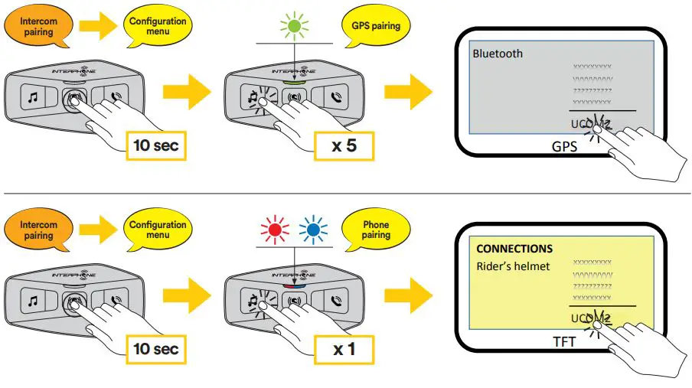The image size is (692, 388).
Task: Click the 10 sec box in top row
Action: pyautogui.click(x=156, y=144)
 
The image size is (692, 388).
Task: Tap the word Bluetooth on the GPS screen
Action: pyautogui.click(x=498, y=54)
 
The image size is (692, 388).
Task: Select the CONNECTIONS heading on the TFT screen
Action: pyautogui.click(x=514, y=249)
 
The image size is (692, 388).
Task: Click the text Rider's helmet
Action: pyautogui.click(x=513, y=266)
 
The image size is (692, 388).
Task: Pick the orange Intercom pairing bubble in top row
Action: pyautogui.click(x=38, y=26)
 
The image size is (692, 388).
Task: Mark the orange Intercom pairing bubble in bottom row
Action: pyautogui.click(x=38, y=230)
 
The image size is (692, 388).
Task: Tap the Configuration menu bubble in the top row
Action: pyautogui.click(x=157, y=26)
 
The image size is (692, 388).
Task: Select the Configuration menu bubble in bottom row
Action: pyautogui.click(x=157, y=230)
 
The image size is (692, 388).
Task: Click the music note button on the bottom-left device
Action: pyautogui.click(x=33, y=302)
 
